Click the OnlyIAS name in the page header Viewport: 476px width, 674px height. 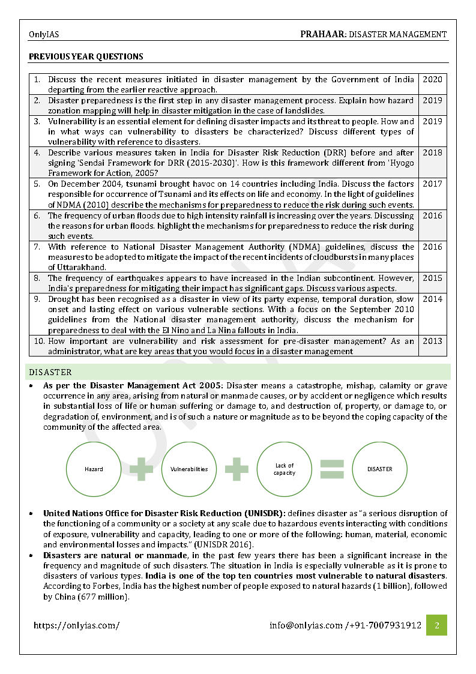(44, 35)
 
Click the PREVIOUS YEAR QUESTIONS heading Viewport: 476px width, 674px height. (86, 57)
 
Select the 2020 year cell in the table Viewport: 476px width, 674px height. (432, 79)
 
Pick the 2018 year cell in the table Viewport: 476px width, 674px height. (432, 152)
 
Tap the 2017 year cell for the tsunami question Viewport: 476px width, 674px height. (432, 184)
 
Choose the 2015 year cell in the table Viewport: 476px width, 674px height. (432, 278)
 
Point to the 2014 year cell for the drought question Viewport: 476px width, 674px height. (432, 299)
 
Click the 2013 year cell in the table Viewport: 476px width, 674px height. (432, 341)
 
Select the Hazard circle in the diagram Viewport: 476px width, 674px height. (94, 469)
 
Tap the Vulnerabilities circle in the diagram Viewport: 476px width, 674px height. (189, 469)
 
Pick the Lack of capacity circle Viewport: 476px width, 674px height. (285, 469)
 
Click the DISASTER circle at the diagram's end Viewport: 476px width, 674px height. (379, 469)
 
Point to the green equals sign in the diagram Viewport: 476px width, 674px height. (332, 469)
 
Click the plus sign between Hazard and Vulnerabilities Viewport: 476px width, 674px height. (142, 469)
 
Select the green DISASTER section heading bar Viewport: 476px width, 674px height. (239, 372)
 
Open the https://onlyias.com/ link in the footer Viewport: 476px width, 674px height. (76, 625)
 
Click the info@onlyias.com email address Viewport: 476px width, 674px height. (306, 625)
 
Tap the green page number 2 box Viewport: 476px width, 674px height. (436, 625)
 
